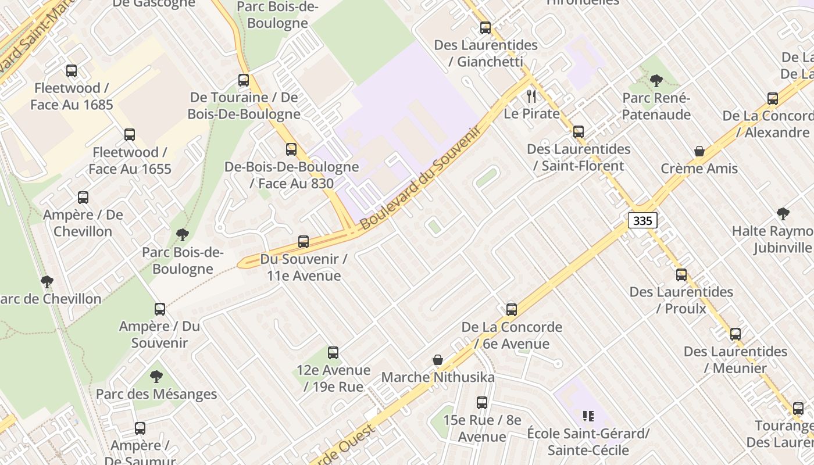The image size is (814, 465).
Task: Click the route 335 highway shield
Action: [x=642, y=220]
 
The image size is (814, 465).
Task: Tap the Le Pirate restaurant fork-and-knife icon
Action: [x=531, y=96]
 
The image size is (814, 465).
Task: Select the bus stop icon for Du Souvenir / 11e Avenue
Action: [x=303, y=242]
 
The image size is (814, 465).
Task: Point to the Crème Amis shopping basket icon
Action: [x=699, y=152]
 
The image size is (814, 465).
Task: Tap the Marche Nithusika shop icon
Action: [x=438, y=360]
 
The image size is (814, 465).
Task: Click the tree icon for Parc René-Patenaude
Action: [x=656, y=81]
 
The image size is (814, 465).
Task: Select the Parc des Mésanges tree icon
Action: [x=156, y=377]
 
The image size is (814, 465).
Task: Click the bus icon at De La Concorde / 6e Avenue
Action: [x=512, y=310]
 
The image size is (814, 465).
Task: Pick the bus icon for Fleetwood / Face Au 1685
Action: [x=72, y=71]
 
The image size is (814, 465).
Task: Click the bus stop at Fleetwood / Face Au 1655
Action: [x=130, y=135]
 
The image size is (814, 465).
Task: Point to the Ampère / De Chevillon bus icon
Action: [x=83, y=198]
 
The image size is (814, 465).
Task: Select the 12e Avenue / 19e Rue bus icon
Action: [x=333, y=353]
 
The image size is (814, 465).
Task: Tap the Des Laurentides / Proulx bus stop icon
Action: [x=681, y=275]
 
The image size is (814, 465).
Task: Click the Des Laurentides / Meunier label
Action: [x=735, y=360]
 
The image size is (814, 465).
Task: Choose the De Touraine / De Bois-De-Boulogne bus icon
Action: [x=244, y=80]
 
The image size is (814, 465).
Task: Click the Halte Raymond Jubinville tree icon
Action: [x=783, y=214]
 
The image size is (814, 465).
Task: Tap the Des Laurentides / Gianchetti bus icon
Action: [x=485, y=27]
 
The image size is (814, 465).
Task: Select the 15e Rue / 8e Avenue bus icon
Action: [x=482, y=403]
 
